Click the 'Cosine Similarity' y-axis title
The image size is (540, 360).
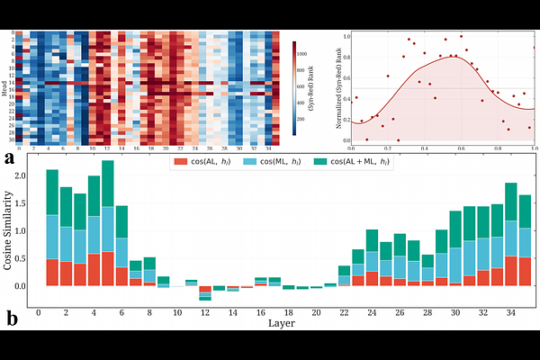[12, 232]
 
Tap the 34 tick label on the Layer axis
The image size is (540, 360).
[511, 313]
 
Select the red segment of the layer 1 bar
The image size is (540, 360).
[52, 272]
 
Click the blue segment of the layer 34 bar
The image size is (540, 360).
[511, 238]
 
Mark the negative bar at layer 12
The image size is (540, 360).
[204, 292]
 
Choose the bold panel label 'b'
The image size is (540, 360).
[10, 317]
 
